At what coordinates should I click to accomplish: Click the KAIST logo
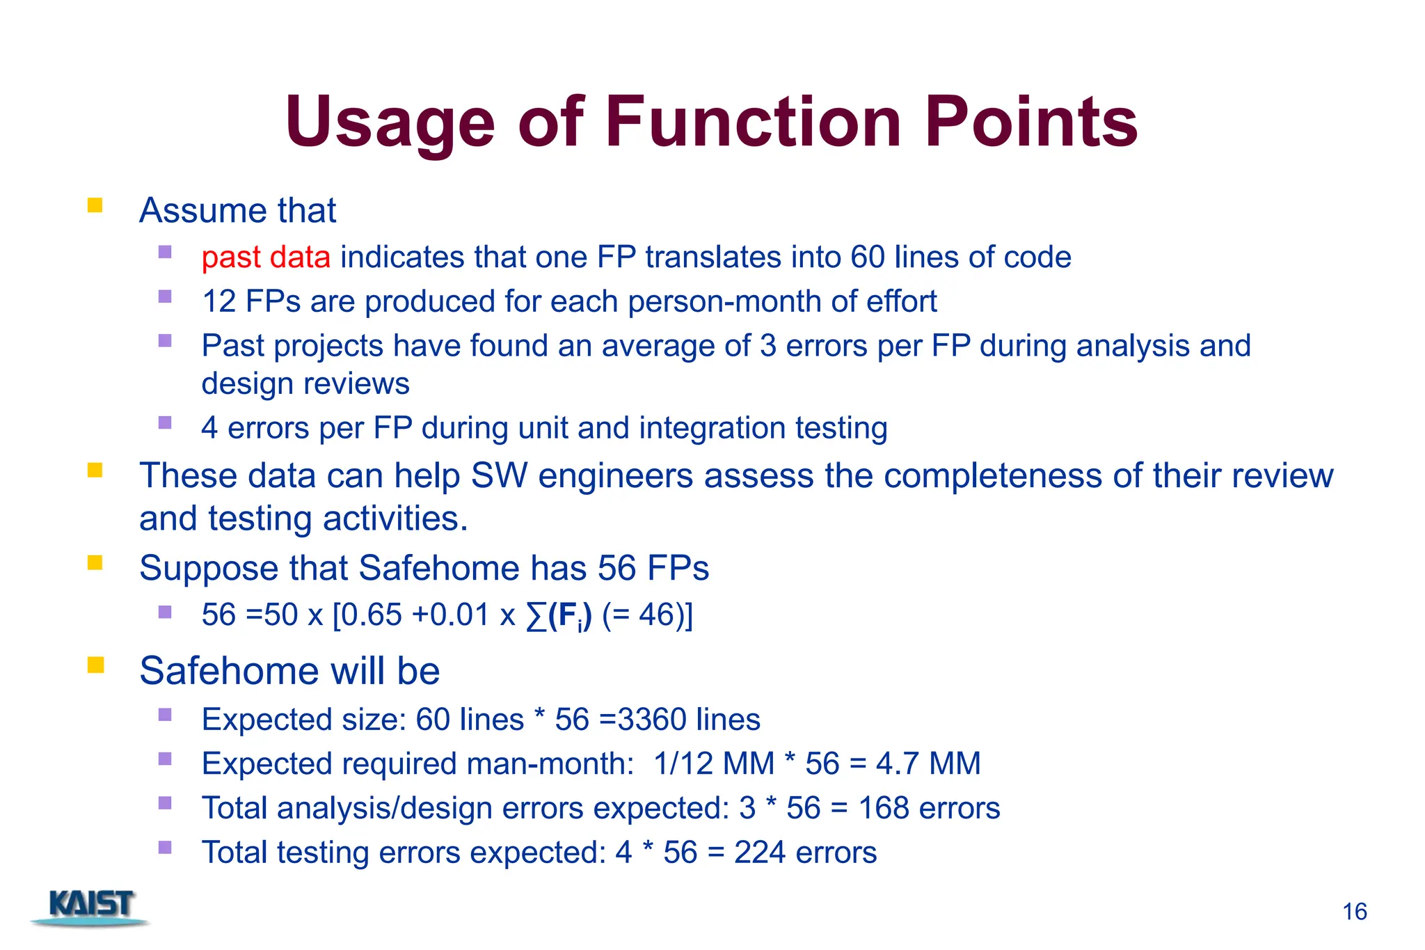click(x=90, y=907)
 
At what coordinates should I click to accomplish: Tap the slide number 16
click(x=1354, y=912)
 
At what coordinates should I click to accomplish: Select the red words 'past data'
click(x=265, y=258)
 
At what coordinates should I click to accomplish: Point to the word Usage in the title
click(x=389, y=123)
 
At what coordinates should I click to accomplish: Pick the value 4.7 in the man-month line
click(x=898, y=763)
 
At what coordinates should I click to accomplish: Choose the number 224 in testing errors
click(x=760, y=853)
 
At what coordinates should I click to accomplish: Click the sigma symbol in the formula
click(x=536, y=616)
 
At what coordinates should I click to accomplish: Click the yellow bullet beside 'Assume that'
click(x=95, y=206)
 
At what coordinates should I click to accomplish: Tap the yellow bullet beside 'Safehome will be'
click(x=95, y=665)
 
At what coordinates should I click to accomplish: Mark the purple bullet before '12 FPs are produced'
click(x=165, y=296)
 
